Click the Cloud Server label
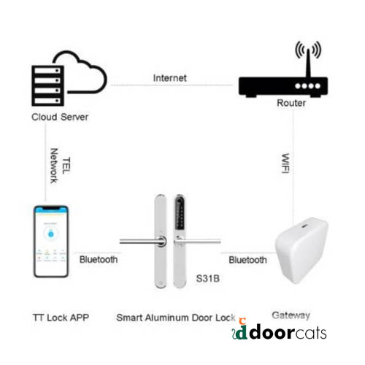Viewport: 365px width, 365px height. [60, 117]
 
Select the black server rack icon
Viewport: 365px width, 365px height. [47, 85]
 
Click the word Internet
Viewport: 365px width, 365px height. [170, 78]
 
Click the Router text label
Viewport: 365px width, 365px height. [291, 103]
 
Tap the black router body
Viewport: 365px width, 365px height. [283, 87]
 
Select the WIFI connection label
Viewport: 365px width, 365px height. [285, 164]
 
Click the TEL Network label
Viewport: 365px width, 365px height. [60, 166]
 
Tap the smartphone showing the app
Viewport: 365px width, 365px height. [51, 242]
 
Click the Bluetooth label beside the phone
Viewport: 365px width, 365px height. [99, 260]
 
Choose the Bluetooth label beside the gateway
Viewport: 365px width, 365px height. [247, 260]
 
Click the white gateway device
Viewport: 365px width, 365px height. [301, 250]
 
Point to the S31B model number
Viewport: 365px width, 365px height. [208, 279]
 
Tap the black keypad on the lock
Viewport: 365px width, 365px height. [180, 214]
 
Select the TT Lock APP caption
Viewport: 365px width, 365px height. [61, 318]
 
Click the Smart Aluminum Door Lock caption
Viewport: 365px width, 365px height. [176, 318]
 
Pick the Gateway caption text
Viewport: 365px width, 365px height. [291, 315]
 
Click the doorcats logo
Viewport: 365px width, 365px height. [280, 330]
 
